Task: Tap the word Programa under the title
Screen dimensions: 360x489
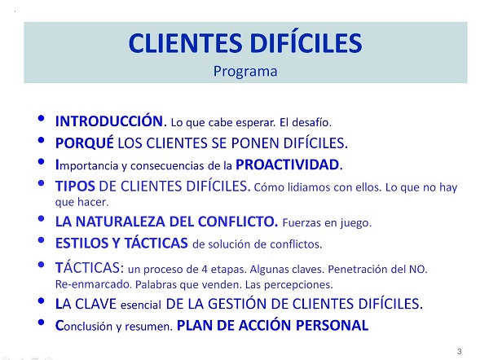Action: tap(245, 70)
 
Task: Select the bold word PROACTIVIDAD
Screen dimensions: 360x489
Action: tap(293, 164)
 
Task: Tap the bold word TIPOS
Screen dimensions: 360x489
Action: tap(75, 185)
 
